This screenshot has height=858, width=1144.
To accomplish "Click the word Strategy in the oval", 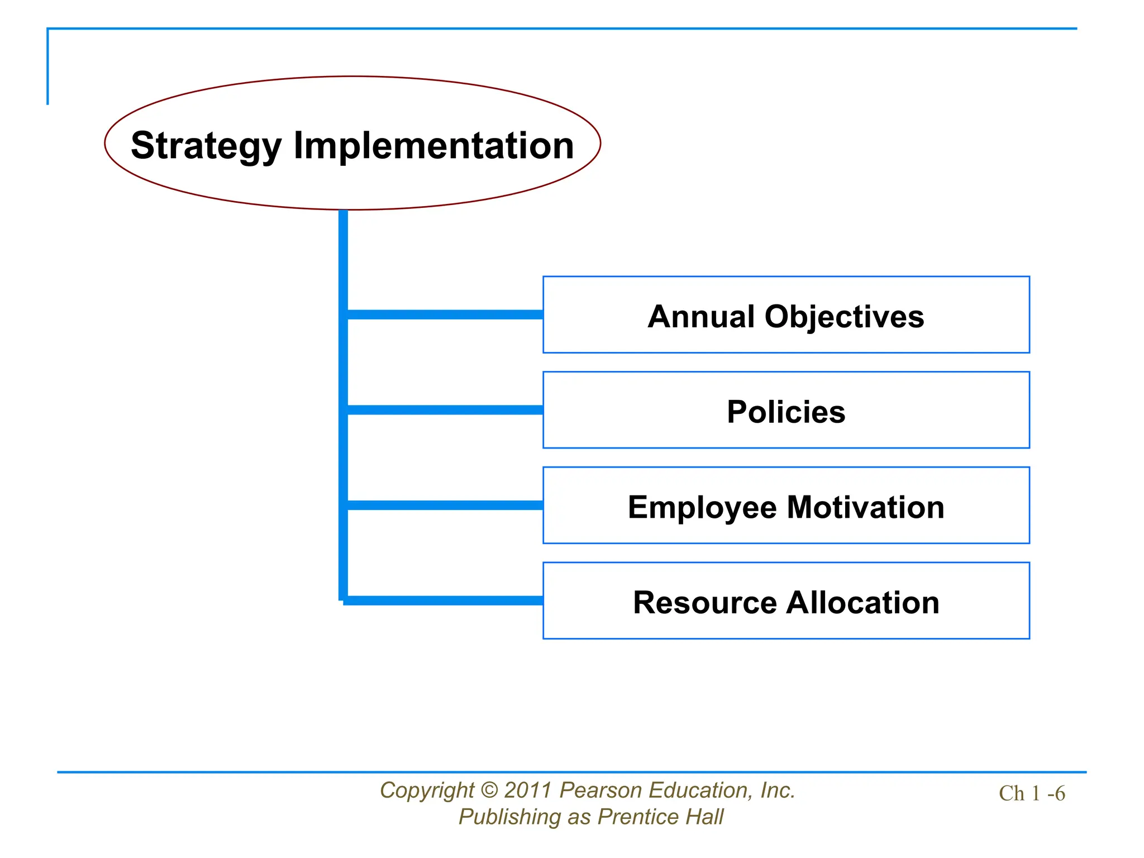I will tap(206, 146).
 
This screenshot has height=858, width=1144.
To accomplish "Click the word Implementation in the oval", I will tap(433, 145).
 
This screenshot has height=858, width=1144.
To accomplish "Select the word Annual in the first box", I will tap(701, 317).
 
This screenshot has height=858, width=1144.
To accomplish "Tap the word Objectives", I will tap(844, 317).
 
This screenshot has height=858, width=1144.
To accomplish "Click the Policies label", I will tap(786, 412).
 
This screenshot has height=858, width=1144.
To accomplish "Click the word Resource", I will tap(704, 603).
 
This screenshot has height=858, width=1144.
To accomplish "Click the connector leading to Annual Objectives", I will tap(445, 314).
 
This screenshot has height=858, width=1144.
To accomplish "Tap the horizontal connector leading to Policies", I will tap(445, 410).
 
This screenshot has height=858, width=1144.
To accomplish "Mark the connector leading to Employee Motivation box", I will tap(445, 505).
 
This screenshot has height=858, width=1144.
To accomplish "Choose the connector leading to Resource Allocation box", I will tap(445, 600).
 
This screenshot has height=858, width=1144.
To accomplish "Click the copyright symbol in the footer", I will tap(489, 790).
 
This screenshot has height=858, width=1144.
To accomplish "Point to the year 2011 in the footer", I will tap(528, 790).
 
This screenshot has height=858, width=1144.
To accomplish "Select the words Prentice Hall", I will tap(660, 817).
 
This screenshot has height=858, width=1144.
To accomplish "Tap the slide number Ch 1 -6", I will tap(1032, 793).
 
